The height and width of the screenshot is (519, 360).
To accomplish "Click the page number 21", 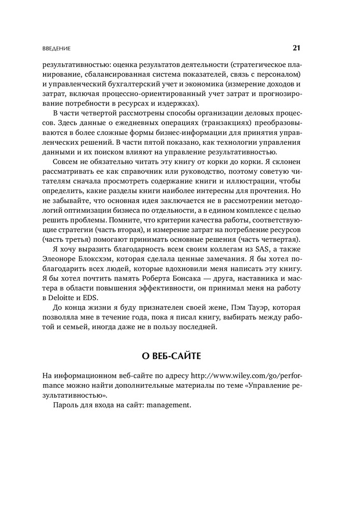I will [x=296, y=48].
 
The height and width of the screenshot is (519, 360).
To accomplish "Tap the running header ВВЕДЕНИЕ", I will [x=57, y=49].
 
